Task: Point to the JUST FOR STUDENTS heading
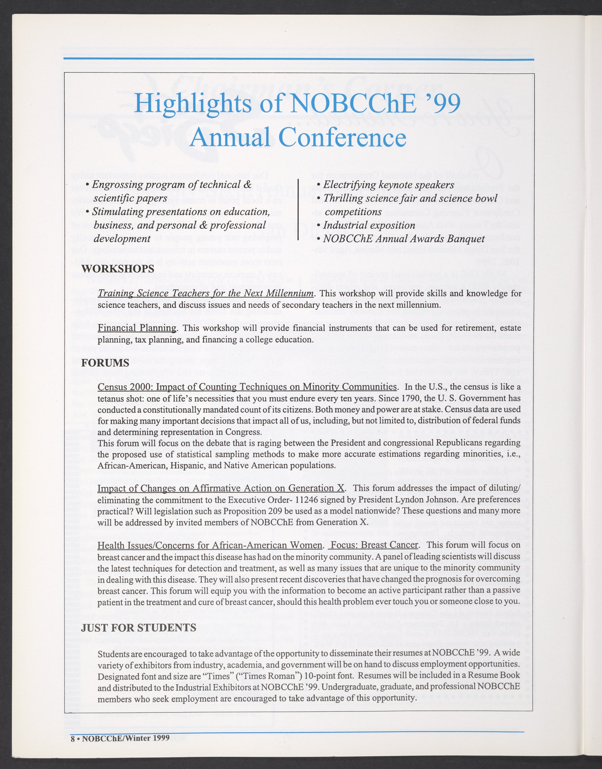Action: pyautogui.click(x=139, y=627)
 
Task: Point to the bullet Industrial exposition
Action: pyautogui.click(x=369, y=225)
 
